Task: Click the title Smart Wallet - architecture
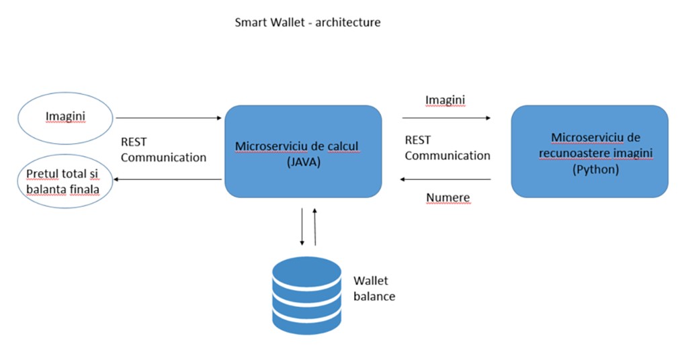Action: tap(307, 22)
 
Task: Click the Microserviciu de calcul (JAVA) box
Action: tap(303, 151)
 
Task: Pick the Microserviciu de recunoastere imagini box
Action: tap(590, 151)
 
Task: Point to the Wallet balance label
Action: tap(374, 288)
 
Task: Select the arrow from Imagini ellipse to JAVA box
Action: tap(169, 118)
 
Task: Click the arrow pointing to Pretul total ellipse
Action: tap(168, 179)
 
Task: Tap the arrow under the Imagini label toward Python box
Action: tap(446, 118)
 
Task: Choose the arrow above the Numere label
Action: tap(446, 179)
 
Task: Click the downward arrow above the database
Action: tap(302, 226)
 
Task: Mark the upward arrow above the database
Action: tap(314, 226)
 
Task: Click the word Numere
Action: tap(448, 197)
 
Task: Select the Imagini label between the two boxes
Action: tap(445, 100)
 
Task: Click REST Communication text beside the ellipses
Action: tap(163, 150)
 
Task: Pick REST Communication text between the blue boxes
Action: tap(447, 148)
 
